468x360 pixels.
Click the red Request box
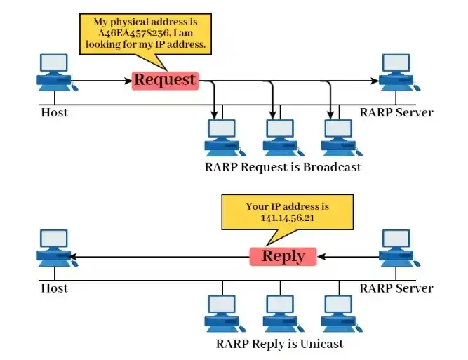click(165, 80)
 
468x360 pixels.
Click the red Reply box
click(283, 256)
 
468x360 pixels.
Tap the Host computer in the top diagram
click(54, 73)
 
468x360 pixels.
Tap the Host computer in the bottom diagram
click(54, 249)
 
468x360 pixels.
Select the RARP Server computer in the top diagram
click(396, 73)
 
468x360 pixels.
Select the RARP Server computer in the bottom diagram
click(396, 249)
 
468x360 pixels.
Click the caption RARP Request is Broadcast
click(283, 167)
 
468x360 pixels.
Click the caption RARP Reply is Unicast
click(281, 344)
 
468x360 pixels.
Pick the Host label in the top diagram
click(54, 112)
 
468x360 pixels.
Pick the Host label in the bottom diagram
click(54, 288)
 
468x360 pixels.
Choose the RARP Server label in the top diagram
click(396, 112)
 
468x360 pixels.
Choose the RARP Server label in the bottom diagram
click(396, 288)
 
